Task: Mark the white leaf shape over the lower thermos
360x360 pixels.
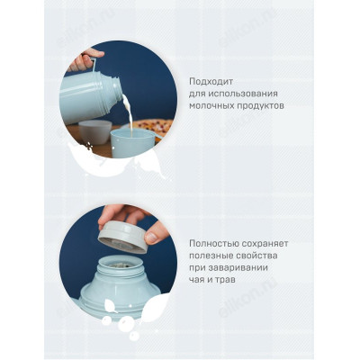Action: pos(117,319)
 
